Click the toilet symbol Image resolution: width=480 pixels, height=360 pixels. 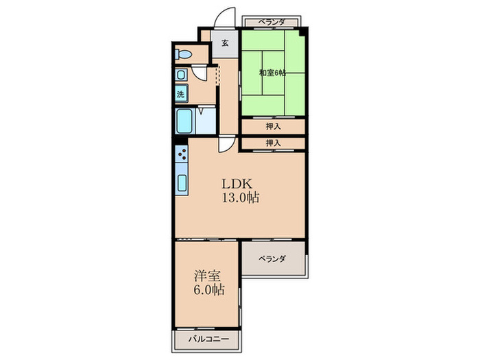click(x=183, y=54)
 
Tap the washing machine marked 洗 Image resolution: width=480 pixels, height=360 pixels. click(x=181, y=94)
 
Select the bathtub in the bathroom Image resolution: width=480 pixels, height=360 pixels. click(x=184, y=121)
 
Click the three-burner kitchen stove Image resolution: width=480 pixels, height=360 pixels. click(x=182, y=154)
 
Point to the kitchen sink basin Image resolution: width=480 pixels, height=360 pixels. click(x=182, y=183)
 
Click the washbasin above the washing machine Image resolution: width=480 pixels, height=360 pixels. click(x=180, y=75)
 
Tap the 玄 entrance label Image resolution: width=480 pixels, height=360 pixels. click(x=225, y=43)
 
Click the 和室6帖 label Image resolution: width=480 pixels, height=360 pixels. click(x=272, y=73)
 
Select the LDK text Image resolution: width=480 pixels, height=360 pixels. click(x=237, y=184)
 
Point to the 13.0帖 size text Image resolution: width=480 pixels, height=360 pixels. click(x=240, y=197)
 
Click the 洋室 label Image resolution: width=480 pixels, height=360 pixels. click(x=207, y=276)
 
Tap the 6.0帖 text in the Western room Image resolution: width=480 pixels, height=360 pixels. click(x=208, y=289)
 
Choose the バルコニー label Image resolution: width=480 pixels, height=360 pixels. click(x=208, y=339)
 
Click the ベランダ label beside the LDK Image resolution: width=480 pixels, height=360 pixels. click(x=272, y=259)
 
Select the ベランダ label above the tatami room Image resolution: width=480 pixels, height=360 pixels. click(x=272, y=23)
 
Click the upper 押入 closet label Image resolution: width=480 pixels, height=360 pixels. click(x=273, y=126)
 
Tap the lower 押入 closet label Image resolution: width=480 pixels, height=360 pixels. click(x=273, y=143)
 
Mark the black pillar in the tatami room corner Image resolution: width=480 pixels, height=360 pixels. click(x=302, y=32)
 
